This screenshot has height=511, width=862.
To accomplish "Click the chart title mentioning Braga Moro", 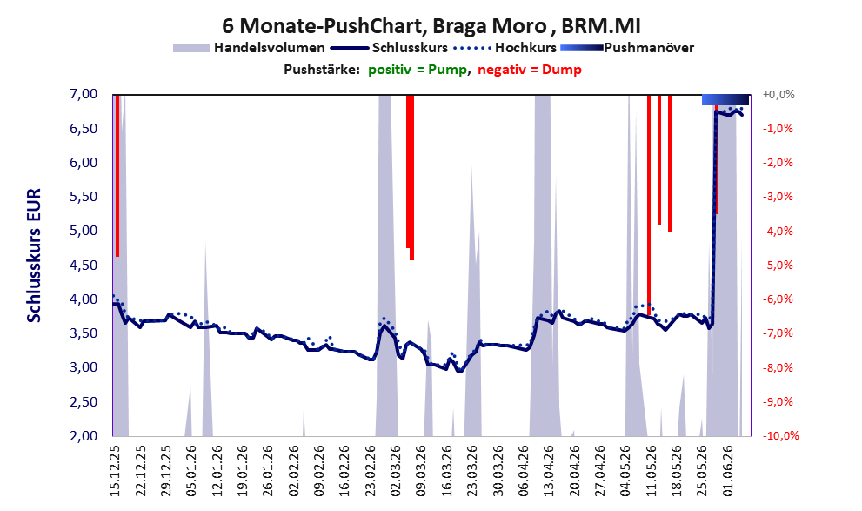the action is tap(431, 25).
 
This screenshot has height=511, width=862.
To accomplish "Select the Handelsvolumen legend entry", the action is tap(249, 48).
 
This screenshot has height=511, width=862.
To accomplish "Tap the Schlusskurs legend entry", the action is tap(389, 48).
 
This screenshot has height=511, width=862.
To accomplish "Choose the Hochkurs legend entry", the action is tap(505, 48).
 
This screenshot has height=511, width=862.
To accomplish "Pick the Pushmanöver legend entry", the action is tap(627, 48).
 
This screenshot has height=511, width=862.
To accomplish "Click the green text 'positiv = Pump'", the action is tap(418, 70).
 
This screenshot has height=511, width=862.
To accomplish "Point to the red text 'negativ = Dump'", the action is tap(530, 70).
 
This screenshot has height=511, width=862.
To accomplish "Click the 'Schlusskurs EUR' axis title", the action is tap(34, 255).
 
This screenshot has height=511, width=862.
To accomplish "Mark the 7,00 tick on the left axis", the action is tap(84, 94).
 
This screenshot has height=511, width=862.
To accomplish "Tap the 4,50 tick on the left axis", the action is tap(84, 266).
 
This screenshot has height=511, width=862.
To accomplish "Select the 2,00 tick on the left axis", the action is tap(84, 435).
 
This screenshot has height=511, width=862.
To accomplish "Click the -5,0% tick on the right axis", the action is tap(778, 266).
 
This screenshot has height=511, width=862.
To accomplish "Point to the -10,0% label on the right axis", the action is tap(780, 435).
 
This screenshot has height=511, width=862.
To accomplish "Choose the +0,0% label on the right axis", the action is tap(778, 95).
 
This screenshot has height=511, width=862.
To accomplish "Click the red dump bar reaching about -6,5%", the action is tap(649, 205).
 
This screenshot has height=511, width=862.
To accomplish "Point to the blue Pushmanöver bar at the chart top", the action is tap(725, 99).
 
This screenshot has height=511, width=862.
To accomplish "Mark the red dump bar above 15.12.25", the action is tap(117, 176).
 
